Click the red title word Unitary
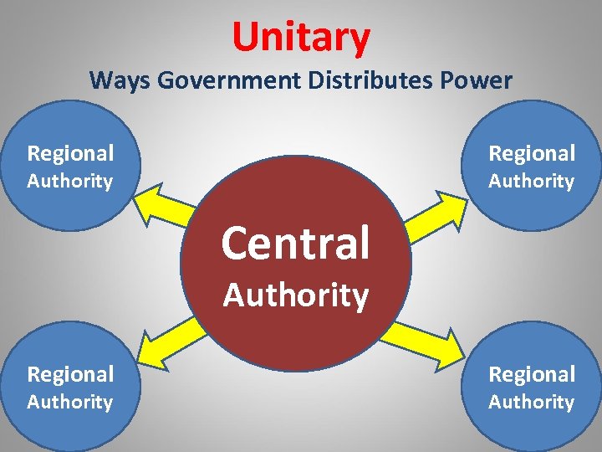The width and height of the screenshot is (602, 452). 301,37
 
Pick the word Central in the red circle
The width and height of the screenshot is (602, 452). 295,243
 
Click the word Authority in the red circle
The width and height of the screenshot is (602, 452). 295,295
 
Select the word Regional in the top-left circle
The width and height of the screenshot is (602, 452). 70,153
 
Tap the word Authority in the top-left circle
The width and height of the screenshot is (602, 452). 70,181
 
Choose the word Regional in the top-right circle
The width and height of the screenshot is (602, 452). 532,153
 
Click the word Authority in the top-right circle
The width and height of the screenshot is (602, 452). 532,181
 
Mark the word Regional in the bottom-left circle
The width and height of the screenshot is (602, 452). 70,374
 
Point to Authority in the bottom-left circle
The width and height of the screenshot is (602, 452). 70,402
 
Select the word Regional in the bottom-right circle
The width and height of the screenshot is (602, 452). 532,374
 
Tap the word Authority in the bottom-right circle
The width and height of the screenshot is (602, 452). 532,402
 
